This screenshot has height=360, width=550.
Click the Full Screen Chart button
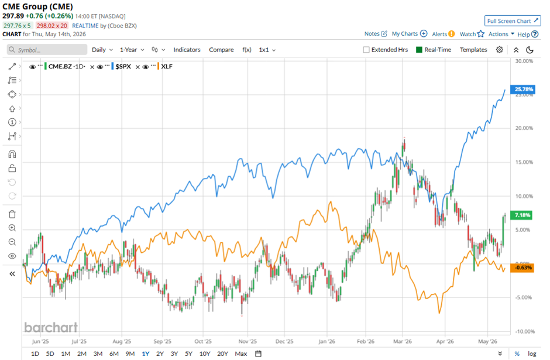pyautogui.click(x=513, y=20)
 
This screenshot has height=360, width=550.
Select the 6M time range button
pyautogui.click(x=114, y=354)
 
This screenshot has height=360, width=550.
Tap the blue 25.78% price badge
pyautogui.click(x=522, y=89)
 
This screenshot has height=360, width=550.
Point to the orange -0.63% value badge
pyautogui.click(x=522, y=268)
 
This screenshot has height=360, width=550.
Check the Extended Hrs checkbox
pyautogui.click(x=366, y=50)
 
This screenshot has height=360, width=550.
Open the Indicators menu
pyautogui.click(x=187, y=50)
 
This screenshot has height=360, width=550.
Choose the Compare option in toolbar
pyautogui.click(x=221, y=50)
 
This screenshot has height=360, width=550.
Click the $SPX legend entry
pyautogui.click(x=123, y=66)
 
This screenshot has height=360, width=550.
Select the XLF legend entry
pyautogui.click(x=167, y=66)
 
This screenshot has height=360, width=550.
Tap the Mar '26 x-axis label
pyautogui.click(x=403, y=341)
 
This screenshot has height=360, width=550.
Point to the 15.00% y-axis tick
pyautogui.click(x=524, y=162)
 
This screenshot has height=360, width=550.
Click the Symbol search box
pyautogui.click(x=47, y=50)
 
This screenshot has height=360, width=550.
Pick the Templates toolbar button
pyautogui.click(x=473, y=50)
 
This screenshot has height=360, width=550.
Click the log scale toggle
pyautogui.click(x=532, y=354)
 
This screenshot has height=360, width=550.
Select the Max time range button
pyautogui.click(x=240, y=354)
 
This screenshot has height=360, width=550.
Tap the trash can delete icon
pyautogui.click(x=12, y=214)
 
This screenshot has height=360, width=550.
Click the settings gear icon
pyautogui.click(x=500, y=50)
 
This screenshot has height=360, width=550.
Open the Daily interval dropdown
pyautogui.click(x=102, y=50)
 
